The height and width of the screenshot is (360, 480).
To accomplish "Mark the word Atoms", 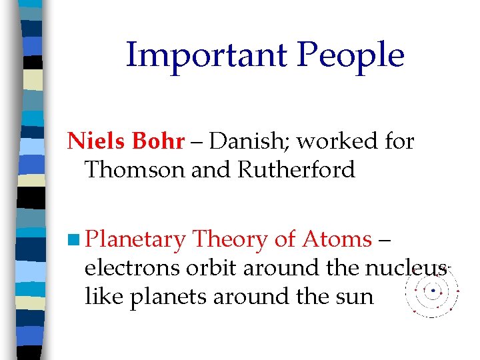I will coord(337,239).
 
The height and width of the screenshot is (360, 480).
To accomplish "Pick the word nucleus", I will coord(405,268).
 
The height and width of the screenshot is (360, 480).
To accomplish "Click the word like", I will coord(103,296).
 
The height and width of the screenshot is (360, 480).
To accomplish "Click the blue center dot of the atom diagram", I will coord(433,291).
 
